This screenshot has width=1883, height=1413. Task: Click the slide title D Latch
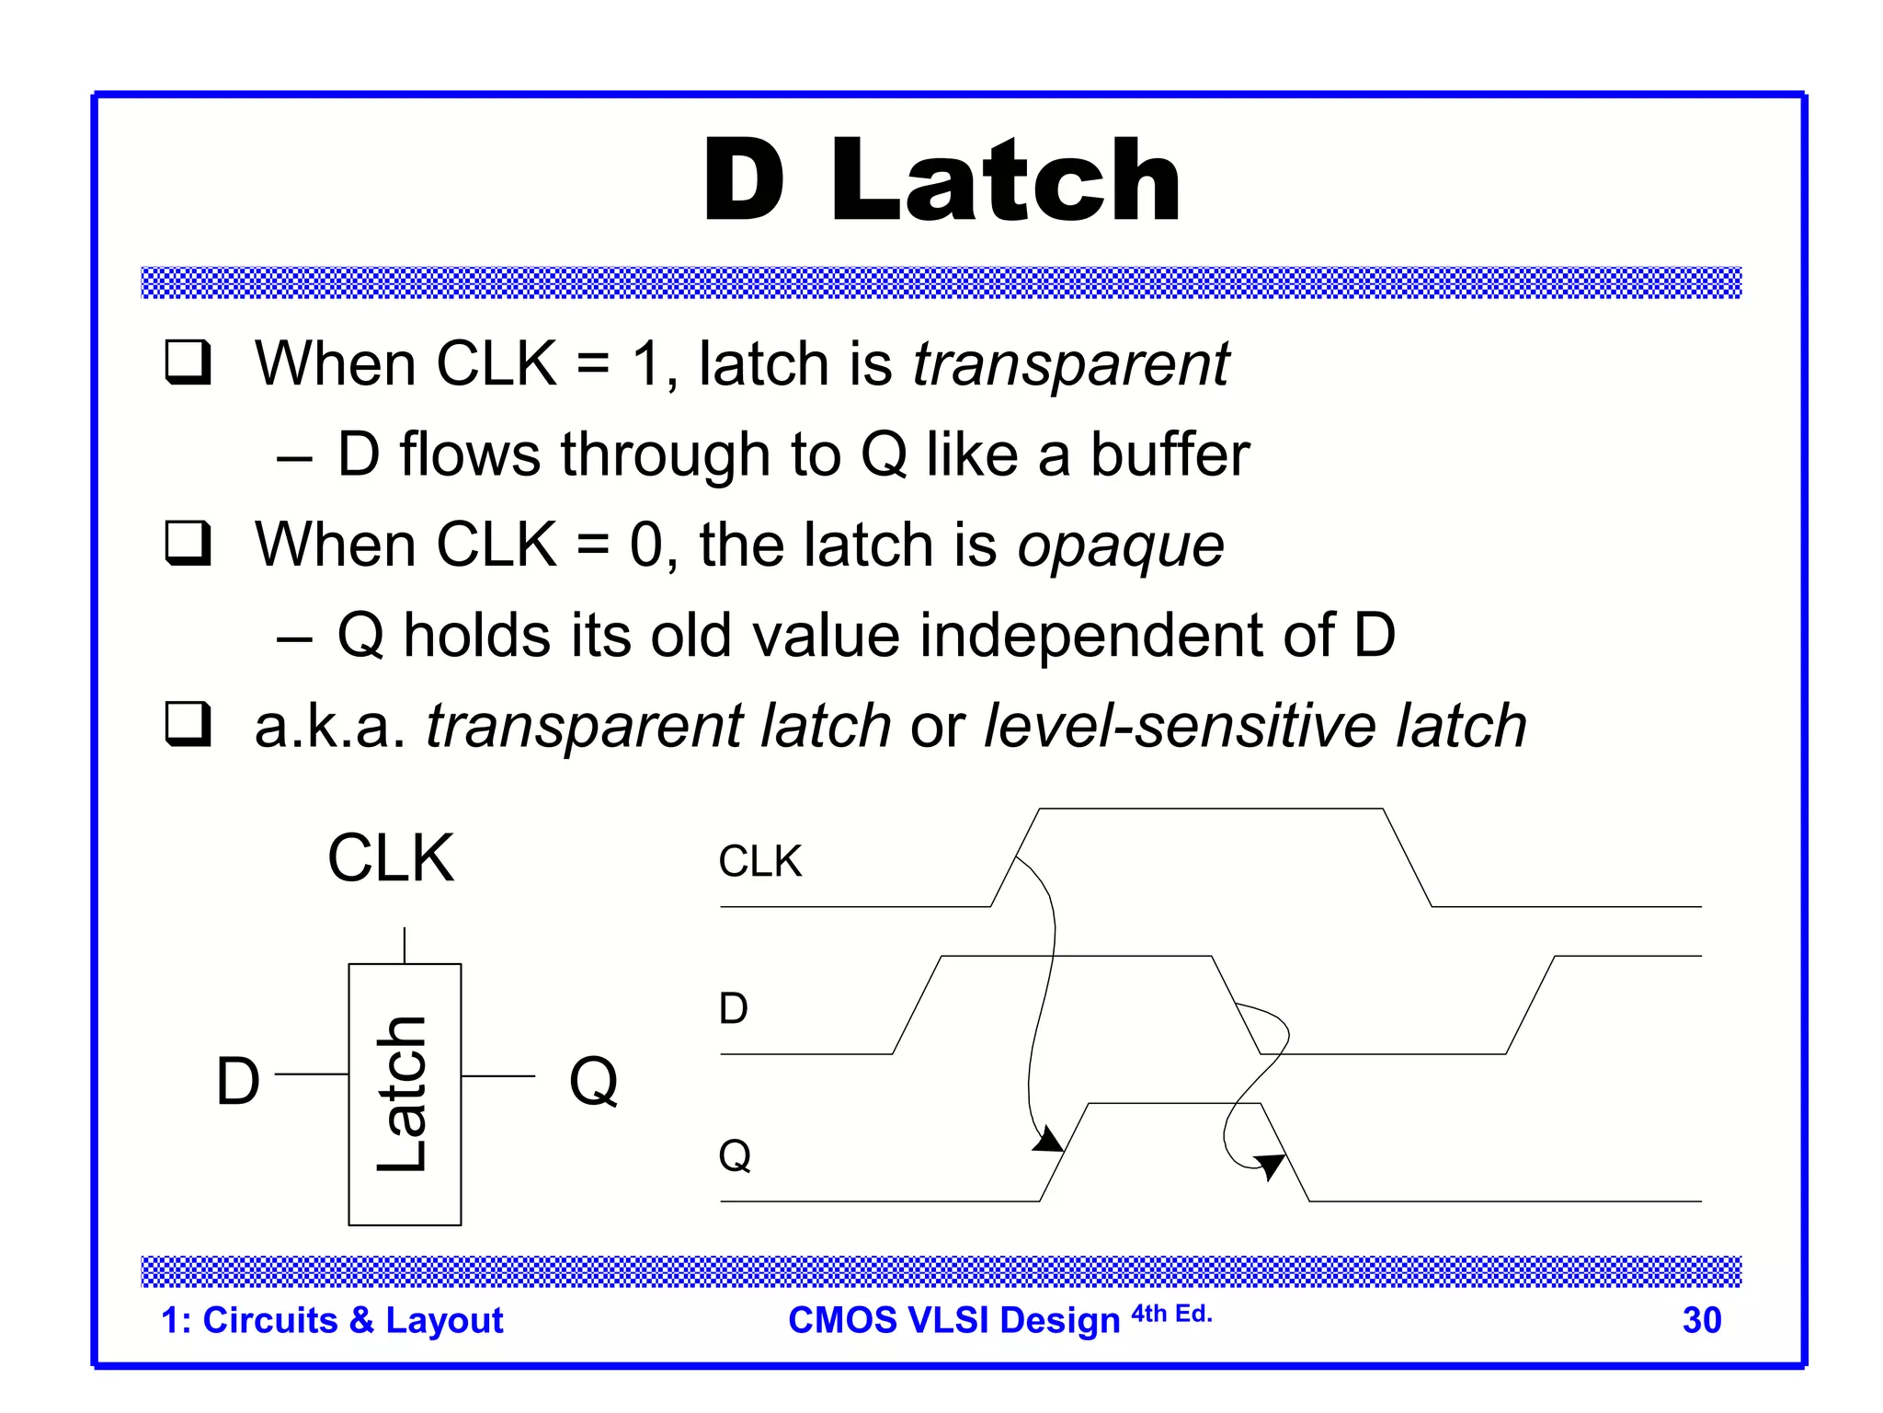tap(941, 180)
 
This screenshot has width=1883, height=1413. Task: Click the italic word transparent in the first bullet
tap(1070, 365)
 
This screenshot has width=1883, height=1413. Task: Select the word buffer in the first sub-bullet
tap(1170, 454)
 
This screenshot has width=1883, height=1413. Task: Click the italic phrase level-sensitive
tap(1180, 726)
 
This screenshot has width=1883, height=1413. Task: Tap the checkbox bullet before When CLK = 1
tap(188, 362)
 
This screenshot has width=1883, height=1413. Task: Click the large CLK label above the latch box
tap(391, 858)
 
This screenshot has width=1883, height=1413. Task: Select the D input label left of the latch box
tap(238, 1081)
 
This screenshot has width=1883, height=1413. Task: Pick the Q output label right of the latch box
tap(593, 1081)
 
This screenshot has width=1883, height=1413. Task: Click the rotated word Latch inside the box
tap(403, 1095)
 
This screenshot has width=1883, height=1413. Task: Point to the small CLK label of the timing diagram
tap(759, 862)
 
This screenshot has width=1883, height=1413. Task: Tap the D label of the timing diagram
tap(734, 1009)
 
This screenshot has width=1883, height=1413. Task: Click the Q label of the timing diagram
tap(735, 1155)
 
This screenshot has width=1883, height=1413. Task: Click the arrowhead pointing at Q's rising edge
tap(1049, 1141)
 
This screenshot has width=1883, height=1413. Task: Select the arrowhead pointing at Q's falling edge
tap(1271, 1166)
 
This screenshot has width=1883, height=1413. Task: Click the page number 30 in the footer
tap(1701, 1320)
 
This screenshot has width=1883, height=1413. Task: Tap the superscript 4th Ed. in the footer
tap(1171, 1314)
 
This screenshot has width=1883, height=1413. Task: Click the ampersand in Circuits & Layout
tap(361, 1321)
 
